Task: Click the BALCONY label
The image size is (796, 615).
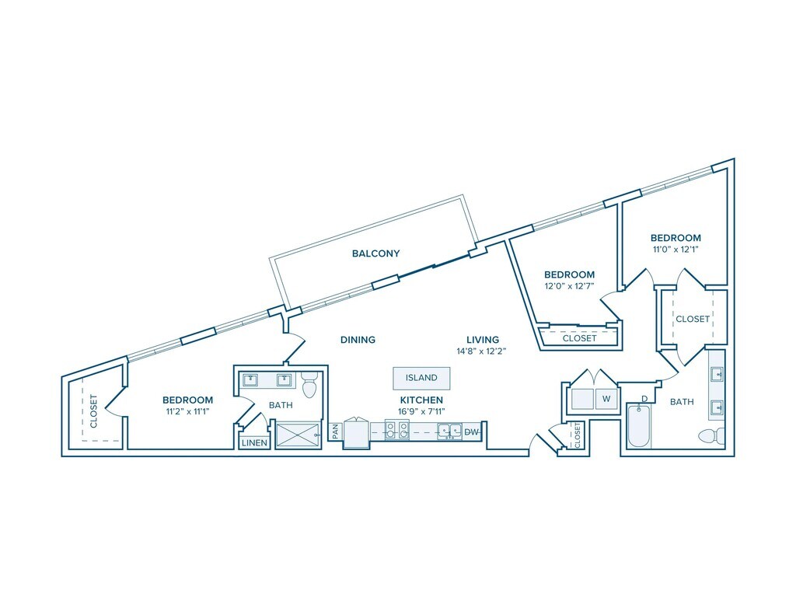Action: tap(375, 253)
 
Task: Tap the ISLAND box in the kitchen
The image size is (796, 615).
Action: tap(421, 378)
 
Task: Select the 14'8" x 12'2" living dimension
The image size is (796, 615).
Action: tap(482, 351)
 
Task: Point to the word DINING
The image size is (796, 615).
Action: tap(358, 340)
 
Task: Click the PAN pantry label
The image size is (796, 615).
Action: tap(334, 432)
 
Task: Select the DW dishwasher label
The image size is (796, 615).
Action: tap(472, 432)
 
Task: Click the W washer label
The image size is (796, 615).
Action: tap(606, 400)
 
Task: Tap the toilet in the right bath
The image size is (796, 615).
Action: tap(711, 435)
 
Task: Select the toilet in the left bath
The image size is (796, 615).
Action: tap(309, 383)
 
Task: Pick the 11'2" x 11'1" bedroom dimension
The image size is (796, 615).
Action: tap(187, 411)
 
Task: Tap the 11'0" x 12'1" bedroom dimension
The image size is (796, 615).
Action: tap(676, 250)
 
